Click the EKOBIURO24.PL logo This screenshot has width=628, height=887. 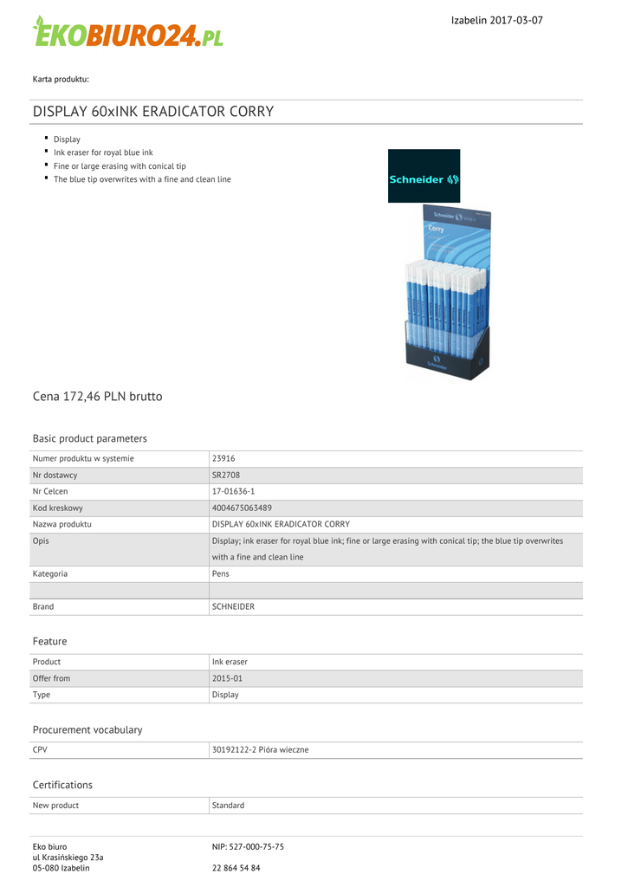(128, 33)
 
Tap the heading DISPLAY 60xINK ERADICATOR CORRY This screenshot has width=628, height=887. (153, 112)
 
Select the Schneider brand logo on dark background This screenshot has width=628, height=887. (424, 179)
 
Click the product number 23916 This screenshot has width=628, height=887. (223, 458)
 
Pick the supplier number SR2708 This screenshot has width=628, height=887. (225, 475)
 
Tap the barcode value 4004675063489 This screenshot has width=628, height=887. (242, 508)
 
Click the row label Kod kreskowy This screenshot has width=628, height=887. (57, 508)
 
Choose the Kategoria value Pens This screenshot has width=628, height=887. (221, 573)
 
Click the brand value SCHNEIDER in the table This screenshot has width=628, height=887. (233, 606)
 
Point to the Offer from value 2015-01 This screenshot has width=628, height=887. (228, 678)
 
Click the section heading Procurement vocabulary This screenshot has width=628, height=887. (87, 730)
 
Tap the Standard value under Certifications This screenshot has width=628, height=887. (228, 806)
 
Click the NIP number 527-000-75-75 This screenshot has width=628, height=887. (257, 846)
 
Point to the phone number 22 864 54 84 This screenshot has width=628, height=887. (236, 868)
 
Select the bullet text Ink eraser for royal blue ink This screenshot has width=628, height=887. (103, 152)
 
